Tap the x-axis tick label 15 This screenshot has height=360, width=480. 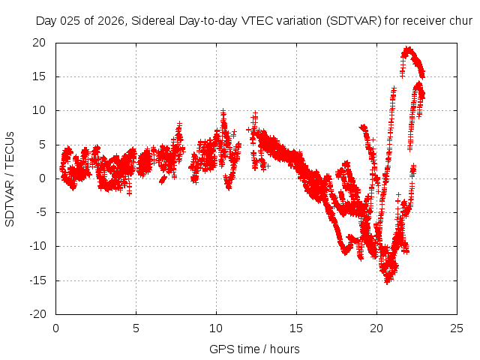(x=296, y=328)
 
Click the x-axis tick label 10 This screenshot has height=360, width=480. (x=216, y=328)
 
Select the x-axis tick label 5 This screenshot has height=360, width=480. (x=136, y=328)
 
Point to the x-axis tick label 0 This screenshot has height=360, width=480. (x=56, y=328)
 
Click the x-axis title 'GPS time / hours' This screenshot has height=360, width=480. (x=255, y=349)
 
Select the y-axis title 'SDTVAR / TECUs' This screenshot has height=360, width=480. (x=10, y=178)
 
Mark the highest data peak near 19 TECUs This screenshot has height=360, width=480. (x=407, y=49)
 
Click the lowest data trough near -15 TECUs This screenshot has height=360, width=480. (x=388, y=280)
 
